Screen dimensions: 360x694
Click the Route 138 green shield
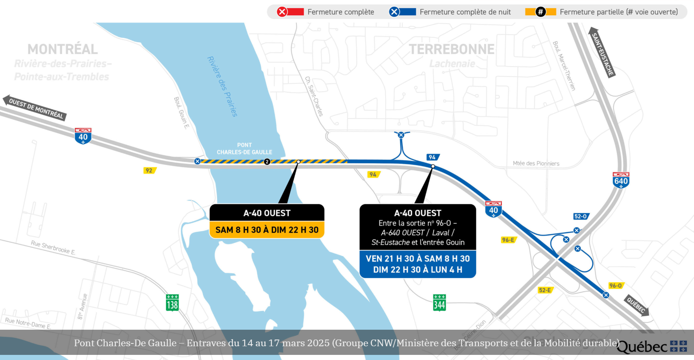pos(172,303)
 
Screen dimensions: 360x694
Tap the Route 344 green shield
pos(439,303)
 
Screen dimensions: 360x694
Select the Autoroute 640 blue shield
pos(621,180)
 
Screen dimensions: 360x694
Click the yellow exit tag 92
pos(150,170)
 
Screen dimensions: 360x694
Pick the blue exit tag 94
pos(433,157)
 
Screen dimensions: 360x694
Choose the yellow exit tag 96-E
pos(509,240)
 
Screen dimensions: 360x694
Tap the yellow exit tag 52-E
pos(546,290)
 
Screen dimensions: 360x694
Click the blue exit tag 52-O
pos(581,216)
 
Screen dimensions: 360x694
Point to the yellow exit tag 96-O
pos(616,286)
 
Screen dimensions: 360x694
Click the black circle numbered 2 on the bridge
pos(267,162)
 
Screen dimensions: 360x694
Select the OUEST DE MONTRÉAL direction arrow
pos(35,108)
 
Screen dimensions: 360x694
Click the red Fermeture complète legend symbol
pos(290,12)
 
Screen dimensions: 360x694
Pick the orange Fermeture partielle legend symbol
pos(540,12)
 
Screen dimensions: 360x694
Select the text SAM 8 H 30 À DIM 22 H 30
pos(267,230)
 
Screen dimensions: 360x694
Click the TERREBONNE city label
pos(452,49)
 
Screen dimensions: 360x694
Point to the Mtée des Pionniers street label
pos(536,163)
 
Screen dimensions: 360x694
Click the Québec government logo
pos(651,347)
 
